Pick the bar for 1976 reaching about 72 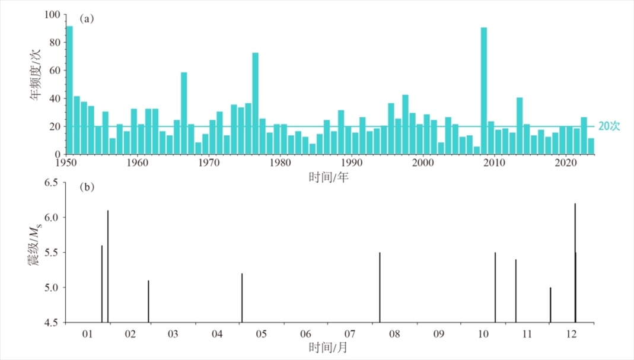coord(255,103)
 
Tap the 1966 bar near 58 coord(184,113)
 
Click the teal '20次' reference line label coord(608,126)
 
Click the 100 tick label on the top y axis coord(53,15)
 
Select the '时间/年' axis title coord(329,176)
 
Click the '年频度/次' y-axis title coord(37,77)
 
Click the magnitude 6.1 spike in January coord(108,266)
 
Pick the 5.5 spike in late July coord(380,288)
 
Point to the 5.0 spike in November coord(550,305)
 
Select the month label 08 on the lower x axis coord(393,334)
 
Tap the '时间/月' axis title coord(329,347)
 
